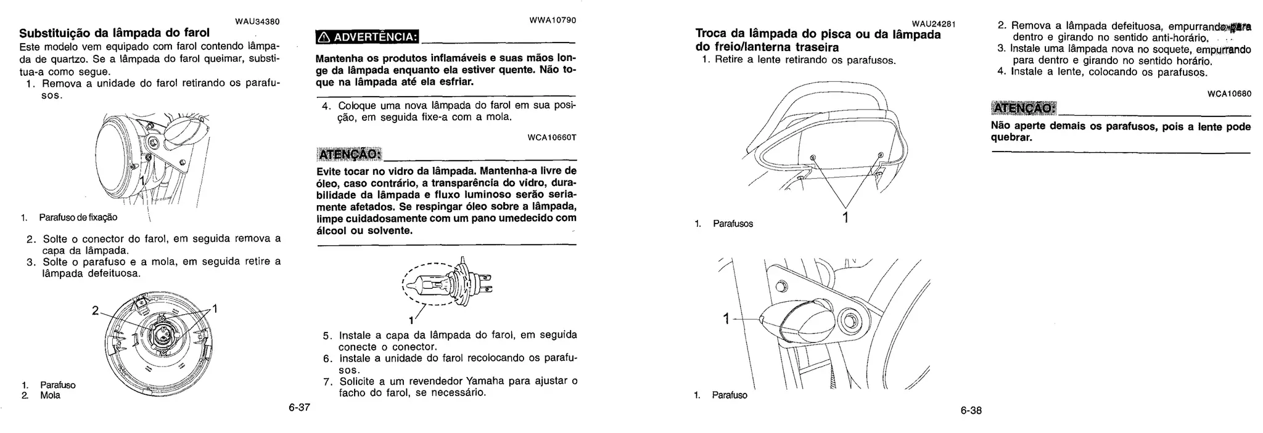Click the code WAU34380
pyautogui.click(x=258, y=22)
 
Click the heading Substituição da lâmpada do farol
pyautogui.click(x=115, y=33)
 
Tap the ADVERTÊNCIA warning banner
pyautogui.click(x=366, y=37)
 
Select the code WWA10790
pyautogui.click(x=553, y=20)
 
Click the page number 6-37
pyautogui.click(x=299, y=408)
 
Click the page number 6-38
pyautogui.click(x=971, y=410)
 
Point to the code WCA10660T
pyautogui.click(x=552, y=137)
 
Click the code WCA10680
pyautogui.click(x=1229, y=94)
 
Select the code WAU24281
pyautogui.click(x=933, y=24)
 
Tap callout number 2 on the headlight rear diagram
pyautogui.click(x=95, y=310)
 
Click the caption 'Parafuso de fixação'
pyautogui.click(x=78, y=217)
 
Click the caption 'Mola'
pyautogui.click(x=51, y=395)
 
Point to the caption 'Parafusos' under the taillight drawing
pyautogui.click(x=733, y=224)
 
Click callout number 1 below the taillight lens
pyautogui.click(x=845, y=217)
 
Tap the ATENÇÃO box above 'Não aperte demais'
pyautogui.click(x=1023, y=108)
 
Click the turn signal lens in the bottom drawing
pyautogui.click(x=796, y=322)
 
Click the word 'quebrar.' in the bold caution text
pyautogui.click(x=1011, y=137)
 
